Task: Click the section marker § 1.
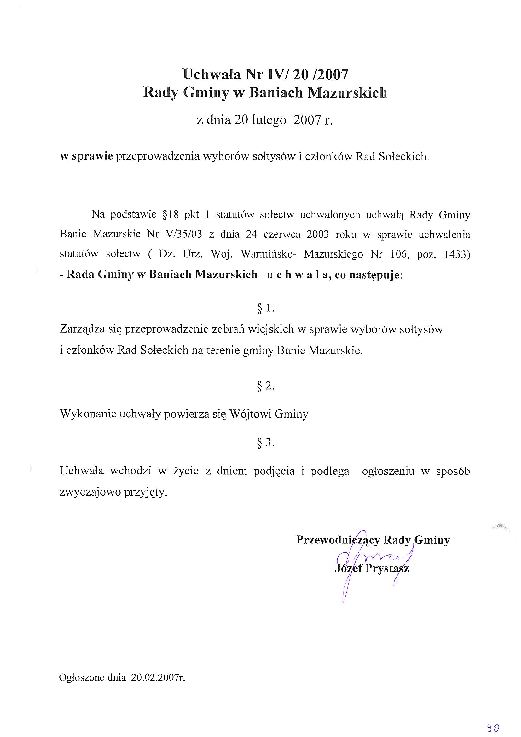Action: pos(265,309)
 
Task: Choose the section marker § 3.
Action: pos(265,443)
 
